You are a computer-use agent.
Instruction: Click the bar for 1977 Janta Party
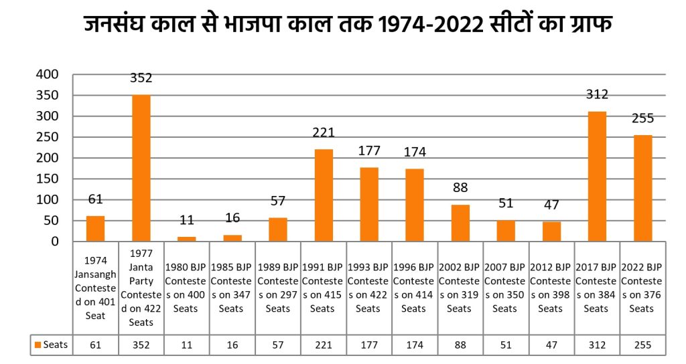click(141, 168)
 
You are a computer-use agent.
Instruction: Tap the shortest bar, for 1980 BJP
click(186, 238)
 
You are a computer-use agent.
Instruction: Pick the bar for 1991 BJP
click(324, 195)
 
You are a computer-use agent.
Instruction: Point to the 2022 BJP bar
click(642, 188)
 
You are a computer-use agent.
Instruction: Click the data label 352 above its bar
click(141, 78)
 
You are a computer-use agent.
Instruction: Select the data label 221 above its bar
click(324, 132)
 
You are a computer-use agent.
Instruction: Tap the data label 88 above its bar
click(460, 188)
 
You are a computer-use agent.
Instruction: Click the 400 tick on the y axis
click(48, 74)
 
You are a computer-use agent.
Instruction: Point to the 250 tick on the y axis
click(48, 137)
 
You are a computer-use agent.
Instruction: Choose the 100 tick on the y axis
click(48, 199)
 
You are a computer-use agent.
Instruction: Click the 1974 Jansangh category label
click(95, 288)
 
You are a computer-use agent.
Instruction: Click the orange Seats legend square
click(38, 345)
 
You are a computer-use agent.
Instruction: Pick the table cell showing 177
click(368, 345)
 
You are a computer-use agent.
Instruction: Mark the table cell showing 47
click(551, 345)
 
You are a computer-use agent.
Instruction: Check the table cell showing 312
click(597, 345)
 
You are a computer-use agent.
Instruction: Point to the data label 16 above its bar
click(232, 217)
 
